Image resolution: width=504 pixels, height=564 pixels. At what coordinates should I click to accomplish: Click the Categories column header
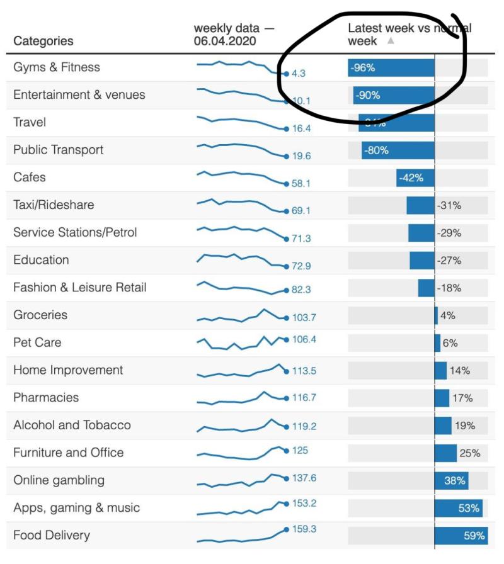[43, 41]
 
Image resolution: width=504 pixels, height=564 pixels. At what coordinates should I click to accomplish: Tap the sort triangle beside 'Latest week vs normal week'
[390, 41]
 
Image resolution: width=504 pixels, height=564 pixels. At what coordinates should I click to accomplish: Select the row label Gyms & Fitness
[57, 67]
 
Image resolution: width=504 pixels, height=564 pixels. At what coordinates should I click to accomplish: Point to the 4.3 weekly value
[299, 74]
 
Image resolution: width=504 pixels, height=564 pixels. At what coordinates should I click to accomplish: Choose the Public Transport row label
[58, 150]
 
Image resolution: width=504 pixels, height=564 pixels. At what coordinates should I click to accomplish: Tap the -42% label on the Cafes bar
[411, 178]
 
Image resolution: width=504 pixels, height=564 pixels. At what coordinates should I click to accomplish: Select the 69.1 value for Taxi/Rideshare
[301, 211]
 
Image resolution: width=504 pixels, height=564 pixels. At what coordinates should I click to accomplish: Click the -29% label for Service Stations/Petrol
[449, 233]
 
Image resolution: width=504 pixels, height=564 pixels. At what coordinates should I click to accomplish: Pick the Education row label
[41, 260]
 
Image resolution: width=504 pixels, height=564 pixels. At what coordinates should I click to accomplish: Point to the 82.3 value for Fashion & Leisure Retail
[301, 290]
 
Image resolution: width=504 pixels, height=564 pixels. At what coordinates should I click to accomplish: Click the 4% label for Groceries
[447, 315]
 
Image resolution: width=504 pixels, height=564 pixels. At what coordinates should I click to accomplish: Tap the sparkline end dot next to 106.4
[287, 340]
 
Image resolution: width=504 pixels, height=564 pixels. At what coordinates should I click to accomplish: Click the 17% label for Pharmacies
[462, 398]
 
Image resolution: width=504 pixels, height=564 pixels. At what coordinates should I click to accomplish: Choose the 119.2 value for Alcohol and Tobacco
[304, 426]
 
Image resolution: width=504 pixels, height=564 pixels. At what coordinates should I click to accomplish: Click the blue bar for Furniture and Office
[445, 453]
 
